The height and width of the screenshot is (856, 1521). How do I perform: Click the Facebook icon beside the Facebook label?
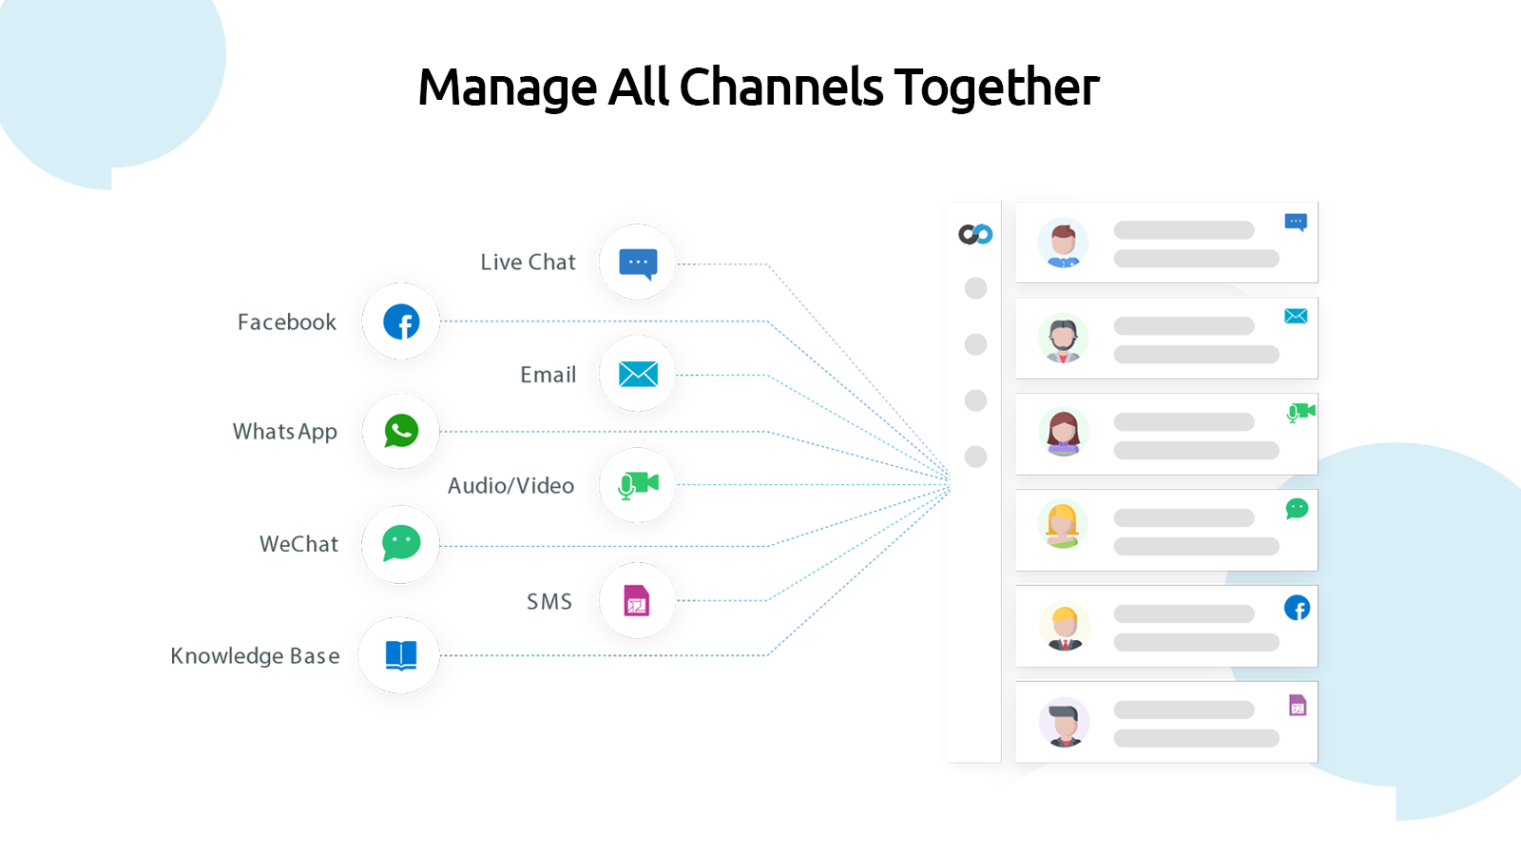point(401,321)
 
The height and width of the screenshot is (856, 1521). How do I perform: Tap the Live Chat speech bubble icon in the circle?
point(638,263)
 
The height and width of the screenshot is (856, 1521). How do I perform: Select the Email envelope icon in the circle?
point(638,374)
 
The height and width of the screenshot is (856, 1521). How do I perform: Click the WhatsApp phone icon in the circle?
point(401,431)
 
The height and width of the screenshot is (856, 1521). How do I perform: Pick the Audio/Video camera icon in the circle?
point(638,485)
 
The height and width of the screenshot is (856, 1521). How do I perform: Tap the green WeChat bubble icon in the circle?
point(401,543)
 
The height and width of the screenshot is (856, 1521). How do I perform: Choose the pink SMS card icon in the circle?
point(637,600)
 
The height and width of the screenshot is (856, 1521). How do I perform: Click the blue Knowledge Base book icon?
point(401,654)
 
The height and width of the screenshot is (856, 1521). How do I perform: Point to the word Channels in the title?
point(781,88)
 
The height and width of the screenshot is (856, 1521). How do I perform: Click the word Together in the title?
point(996,88)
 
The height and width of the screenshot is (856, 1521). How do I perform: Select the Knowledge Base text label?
point(255,656)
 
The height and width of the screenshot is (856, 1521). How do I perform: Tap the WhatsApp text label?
point(285,432)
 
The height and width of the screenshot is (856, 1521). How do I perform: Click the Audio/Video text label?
point(511,486)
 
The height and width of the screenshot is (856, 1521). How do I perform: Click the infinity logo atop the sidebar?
point(975,234)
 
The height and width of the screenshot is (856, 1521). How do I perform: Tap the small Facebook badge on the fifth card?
point(1297,608)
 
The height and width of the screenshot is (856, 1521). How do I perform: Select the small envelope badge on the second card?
point(1296,316)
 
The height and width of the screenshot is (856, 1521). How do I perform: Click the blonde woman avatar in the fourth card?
point(1063,525)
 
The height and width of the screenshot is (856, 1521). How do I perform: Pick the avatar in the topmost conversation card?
point(1063,243)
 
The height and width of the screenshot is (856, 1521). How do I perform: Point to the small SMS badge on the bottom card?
point(1298,705)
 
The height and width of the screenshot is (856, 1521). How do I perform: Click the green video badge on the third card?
point(1300,413)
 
